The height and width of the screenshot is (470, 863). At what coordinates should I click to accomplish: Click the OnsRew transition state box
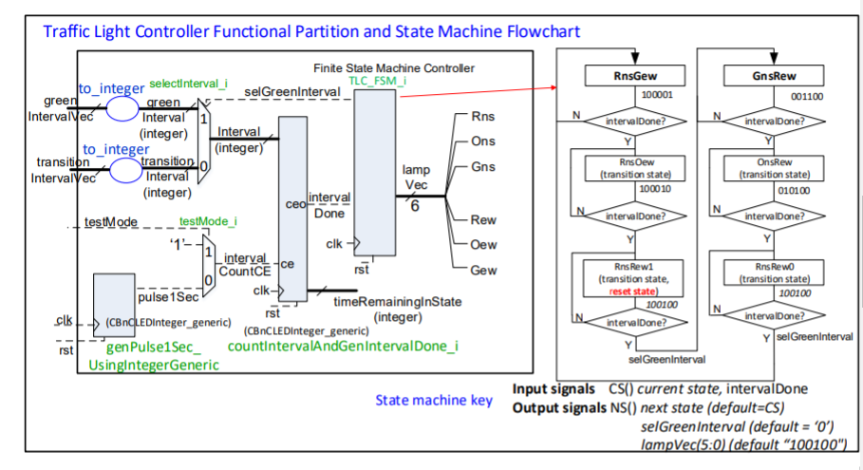point(769,168)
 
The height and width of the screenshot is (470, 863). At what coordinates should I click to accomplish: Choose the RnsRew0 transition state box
point(769,273)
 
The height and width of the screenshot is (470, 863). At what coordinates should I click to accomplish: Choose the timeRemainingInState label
point(397,302)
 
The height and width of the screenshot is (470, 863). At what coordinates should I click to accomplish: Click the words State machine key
point(434,400)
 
